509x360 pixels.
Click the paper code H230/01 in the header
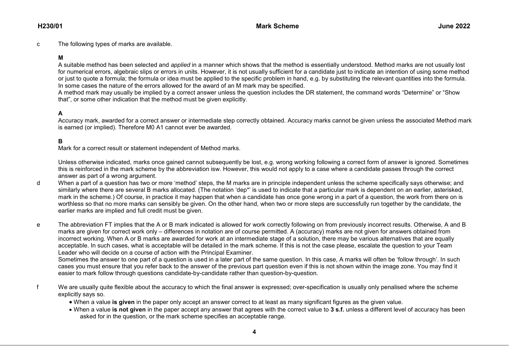pos(50,26)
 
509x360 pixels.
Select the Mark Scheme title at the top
pos(277,26)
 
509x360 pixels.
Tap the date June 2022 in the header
pos(454,26)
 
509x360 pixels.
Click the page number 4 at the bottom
pos(254,332)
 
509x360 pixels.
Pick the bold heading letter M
pos(61,58)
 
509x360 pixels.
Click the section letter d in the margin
pos(38,183)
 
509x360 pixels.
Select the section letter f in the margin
pos(38,287)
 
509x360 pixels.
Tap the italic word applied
pos(181,65)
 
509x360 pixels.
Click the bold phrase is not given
pos(129,310)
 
